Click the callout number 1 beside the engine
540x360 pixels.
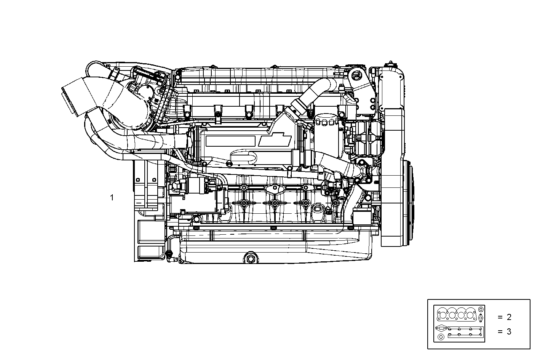112,198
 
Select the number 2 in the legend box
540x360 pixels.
509,317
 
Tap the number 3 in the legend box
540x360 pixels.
509,331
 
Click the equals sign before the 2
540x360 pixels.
500,317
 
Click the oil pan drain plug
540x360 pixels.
250,259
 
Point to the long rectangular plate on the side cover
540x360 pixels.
231,141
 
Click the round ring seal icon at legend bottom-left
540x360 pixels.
441,337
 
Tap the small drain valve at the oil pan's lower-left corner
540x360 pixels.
169,254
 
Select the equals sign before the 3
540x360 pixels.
500,331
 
